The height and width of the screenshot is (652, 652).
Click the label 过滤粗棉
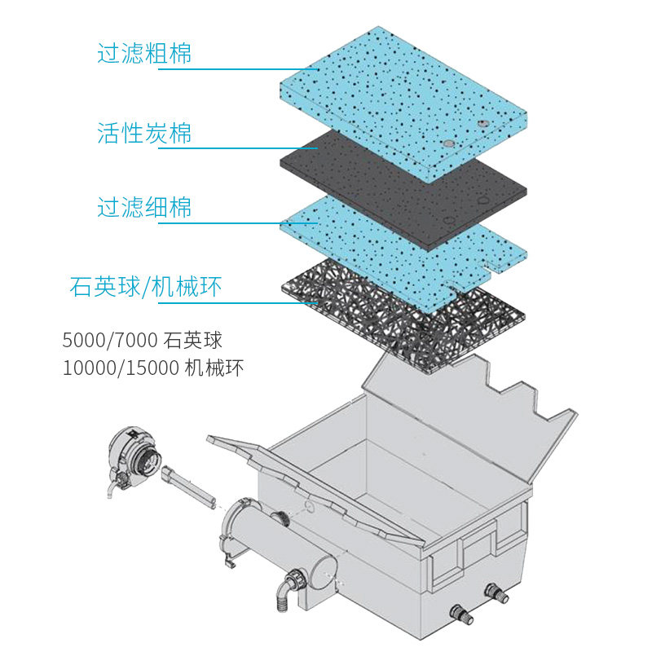click(145, 54)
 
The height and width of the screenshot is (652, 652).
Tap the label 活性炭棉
click(145, 132)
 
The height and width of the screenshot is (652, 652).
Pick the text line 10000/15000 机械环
click(152, 368)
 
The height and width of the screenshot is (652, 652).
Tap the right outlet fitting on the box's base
click(495, 589)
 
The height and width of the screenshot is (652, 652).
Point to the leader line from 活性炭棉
click(236, 148)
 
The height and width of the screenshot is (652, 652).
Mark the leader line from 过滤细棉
click(236, 224)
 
